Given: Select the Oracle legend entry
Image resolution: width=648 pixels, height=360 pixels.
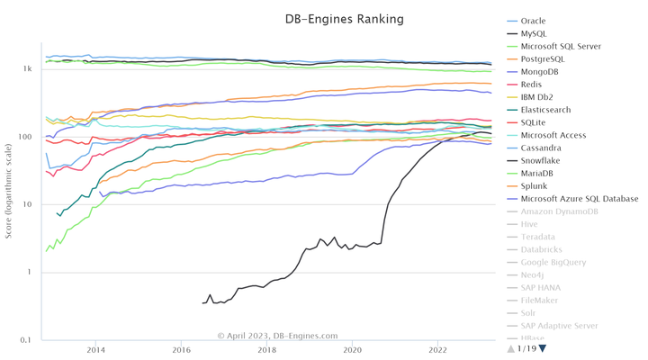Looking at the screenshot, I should click(533, 21).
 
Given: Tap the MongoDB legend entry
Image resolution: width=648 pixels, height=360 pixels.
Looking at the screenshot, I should click(540, 71).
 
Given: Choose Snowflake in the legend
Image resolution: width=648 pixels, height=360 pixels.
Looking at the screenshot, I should click(541, 160).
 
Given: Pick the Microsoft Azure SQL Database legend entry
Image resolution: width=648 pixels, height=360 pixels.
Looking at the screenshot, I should click(580, 198).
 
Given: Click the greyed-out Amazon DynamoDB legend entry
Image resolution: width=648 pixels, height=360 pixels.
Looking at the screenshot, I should click(559, 211).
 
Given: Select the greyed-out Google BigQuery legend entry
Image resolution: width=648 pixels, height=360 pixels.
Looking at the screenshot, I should click(553, 262).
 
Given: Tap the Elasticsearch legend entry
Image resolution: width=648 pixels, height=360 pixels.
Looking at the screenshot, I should click(545, 110).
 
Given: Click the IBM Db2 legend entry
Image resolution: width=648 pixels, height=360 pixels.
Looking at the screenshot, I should click(537, 97).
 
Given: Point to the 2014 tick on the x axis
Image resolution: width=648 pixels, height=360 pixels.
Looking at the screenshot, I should click(95, 350).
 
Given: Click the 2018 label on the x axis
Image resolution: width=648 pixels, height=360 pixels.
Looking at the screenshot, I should click(267, 350).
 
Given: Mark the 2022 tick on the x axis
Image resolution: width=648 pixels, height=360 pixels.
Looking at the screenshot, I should click(438, 350).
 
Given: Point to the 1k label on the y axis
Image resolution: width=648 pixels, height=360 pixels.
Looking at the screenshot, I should click(28, 69).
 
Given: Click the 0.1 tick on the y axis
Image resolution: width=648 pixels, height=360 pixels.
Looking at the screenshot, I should click(26, 340).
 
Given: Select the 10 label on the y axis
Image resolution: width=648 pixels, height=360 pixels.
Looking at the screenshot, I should click(28, 204).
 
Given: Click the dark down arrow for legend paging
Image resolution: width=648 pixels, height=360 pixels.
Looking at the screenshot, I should click(542, 348).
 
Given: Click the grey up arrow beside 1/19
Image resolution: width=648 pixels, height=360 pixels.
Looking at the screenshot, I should click(511, 348).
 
